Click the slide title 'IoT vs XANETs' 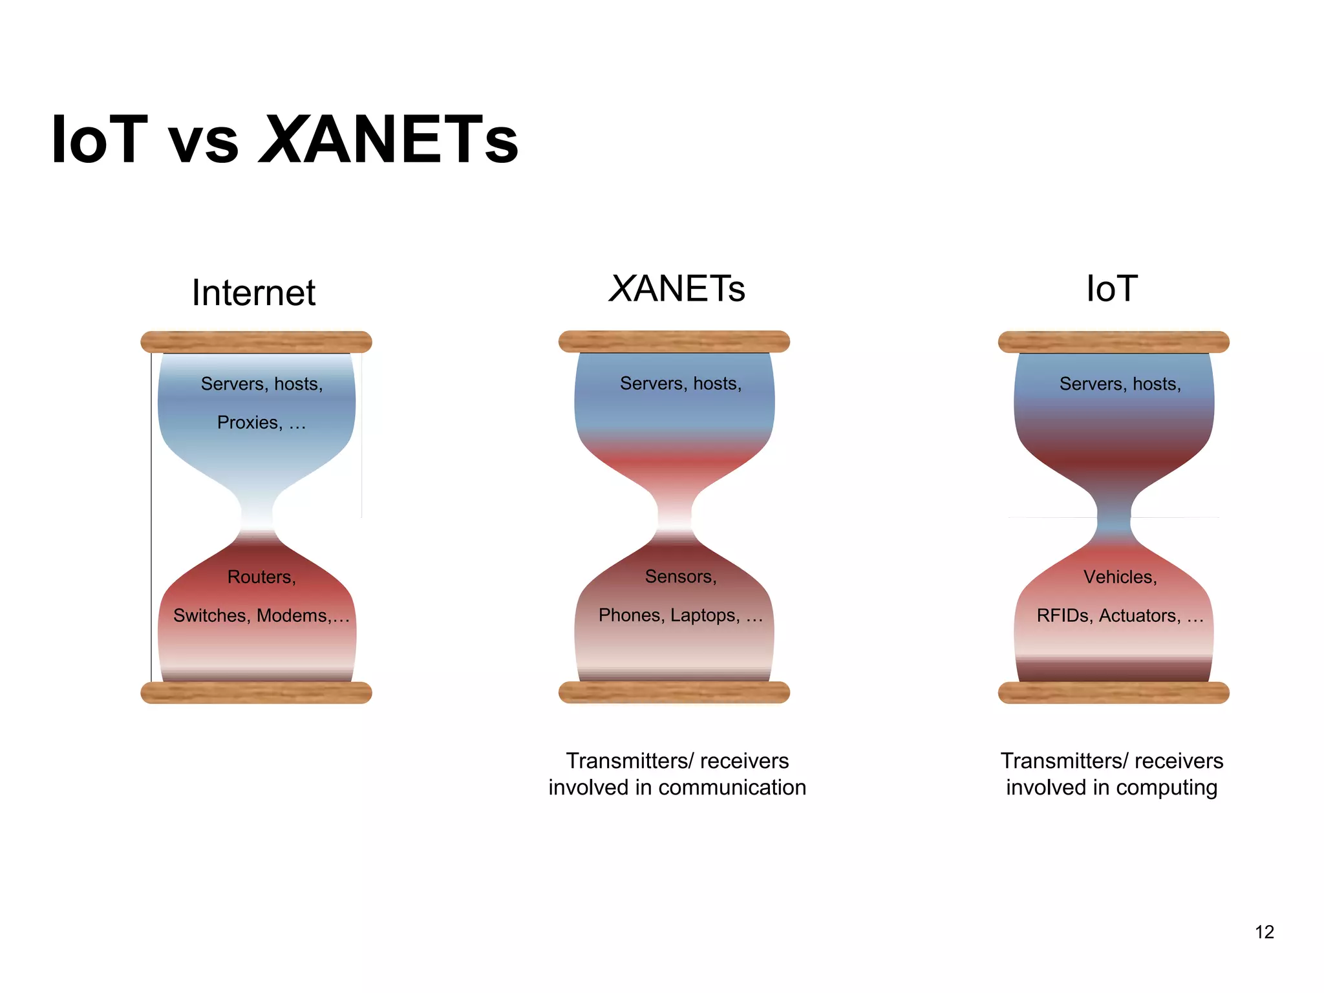tap(284, 139)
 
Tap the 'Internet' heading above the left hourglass tap(253, 293)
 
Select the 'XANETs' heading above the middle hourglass tap(677, 288)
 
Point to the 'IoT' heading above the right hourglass tap(1112, 288)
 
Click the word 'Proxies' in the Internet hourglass tap(249, 423)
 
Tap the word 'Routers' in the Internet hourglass tap(261, 577)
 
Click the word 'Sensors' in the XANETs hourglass tap(679, 577)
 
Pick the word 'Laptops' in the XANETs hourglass tap(704, 615)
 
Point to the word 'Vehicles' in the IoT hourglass tap(1119, 577)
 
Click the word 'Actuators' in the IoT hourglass tap(1139, 615)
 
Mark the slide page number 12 tap(1264, 932)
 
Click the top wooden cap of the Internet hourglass tap(256, 342)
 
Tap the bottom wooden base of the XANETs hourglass tap(674, 692)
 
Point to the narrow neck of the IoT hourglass tap(1114, 517)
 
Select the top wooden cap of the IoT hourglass tap(1113, 342)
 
